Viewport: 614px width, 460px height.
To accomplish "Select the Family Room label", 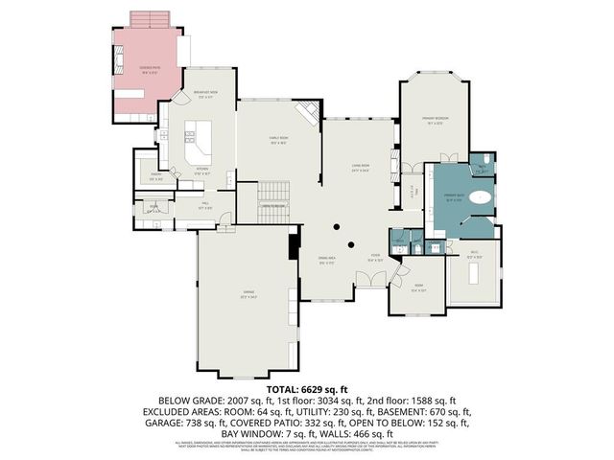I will (x=278, y=141).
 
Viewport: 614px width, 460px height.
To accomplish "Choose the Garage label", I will (x=248, y=296).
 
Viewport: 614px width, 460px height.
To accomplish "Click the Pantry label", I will (x=155, y=177).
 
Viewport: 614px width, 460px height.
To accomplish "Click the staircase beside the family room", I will (x=274, y=196).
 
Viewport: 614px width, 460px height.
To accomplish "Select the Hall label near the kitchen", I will (x=205, y=204).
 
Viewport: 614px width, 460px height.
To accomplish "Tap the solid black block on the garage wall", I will (x=294, y=246).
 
